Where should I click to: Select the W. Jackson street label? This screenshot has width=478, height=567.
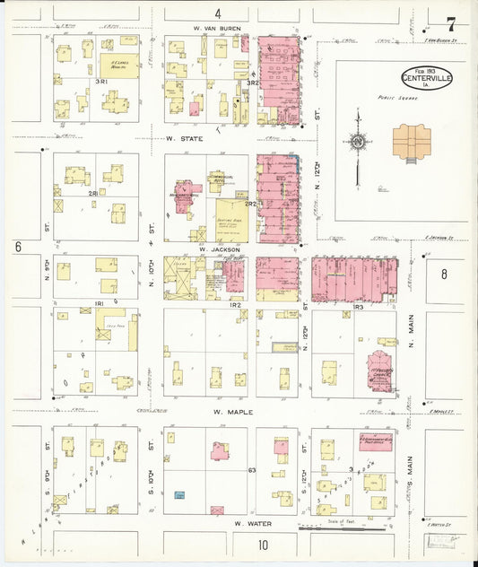(216, 249)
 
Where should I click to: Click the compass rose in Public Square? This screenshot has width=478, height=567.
(358, 142)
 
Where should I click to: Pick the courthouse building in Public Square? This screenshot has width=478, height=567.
(412, 142)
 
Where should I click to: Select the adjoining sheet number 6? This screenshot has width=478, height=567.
(17, 246)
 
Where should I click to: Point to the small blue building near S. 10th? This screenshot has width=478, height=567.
(180, 495)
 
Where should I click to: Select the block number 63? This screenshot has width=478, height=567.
(252, 470)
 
